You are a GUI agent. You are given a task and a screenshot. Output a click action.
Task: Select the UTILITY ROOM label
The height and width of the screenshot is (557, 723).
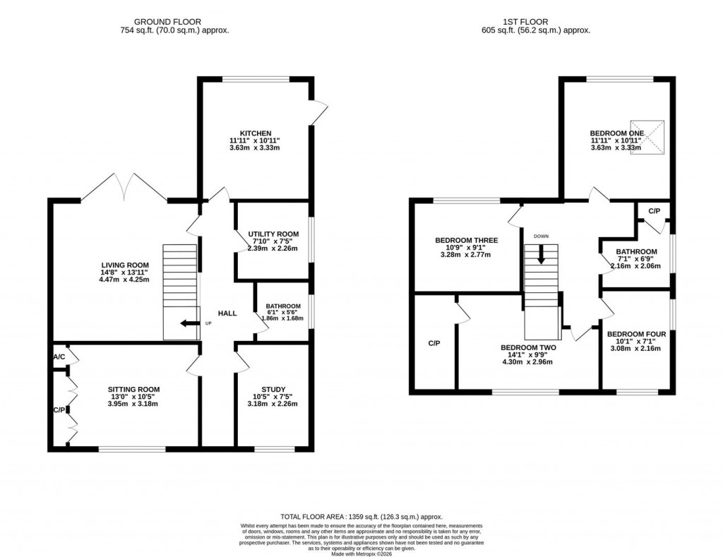click(273, 233)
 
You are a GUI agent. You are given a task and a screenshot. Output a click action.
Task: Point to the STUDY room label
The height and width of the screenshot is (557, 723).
click(273, 388)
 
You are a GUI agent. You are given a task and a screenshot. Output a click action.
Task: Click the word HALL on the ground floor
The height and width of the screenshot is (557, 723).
click(227, 313)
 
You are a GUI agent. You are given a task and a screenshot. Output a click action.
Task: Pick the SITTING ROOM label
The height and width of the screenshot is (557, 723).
click(133, 389)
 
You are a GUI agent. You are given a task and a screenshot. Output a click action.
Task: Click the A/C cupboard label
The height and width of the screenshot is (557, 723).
click(59, 357)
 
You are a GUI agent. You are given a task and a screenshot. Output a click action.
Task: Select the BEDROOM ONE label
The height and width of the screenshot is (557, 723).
click(616, 133)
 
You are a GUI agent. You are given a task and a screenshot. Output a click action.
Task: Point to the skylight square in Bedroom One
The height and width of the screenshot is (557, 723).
click(647, 137)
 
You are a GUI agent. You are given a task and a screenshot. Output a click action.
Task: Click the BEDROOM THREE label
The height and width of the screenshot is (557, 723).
click(466, 240)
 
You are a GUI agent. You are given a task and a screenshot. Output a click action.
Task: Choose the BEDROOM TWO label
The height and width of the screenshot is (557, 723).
click(528, 347)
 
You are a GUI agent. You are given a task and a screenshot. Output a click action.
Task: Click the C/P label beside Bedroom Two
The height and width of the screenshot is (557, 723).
click(434, 343)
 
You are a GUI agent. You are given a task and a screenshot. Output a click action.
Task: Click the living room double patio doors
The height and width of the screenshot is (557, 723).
click(124, 186)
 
